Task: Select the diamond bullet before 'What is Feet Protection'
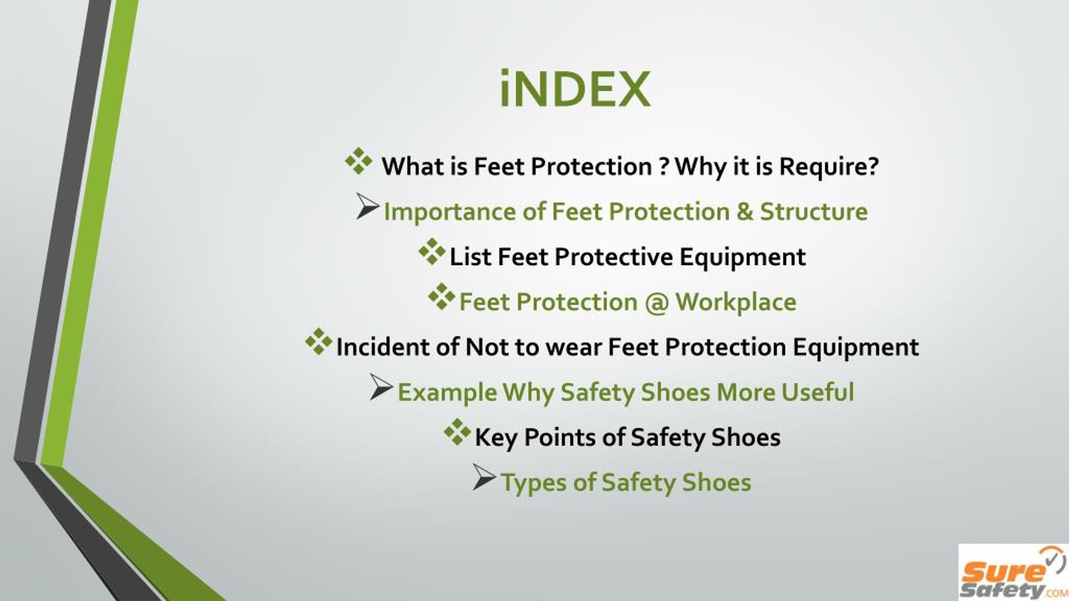coord(359,161)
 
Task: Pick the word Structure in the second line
coord(813,211)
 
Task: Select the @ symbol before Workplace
coord(656,302)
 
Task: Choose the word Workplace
coord(736,303)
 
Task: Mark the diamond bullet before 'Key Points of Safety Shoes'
coord(457,432)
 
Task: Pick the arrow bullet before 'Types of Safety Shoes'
coord(484,477)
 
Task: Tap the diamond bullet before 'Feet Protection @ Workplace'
coord(441,296)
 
